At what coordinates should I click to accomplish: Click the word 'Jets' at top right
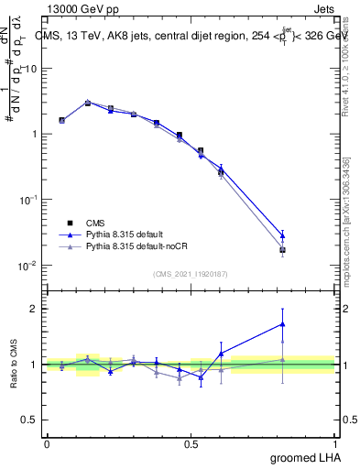(x=324, y=9)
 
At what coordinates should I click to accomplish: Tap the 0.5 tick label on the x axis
(x=191, y=443)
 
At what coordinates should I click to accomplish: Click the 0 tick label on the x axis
(x=47, y=443)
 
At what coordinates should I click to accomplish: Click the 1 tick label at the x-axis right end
(x=336, y=443)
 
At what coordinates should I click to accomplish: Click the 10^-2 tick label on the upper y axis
(x=28, y=266)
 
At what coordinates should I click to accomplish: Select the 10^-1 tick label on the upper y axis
(x=28, y=200)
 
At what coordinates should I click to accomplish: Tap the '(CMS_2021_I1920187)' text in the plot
(x=191, y=272)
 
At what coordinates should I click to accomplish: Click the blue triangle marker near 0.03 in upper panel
(x=283, y=235)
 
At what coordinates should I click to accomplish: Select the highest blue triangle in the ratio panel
(x=283, y=323)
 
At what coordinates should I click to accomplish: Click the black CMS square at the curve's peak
(x=88, y=103)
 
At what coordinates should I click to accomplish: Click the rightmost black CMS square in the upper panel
(x=283, y=249)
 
